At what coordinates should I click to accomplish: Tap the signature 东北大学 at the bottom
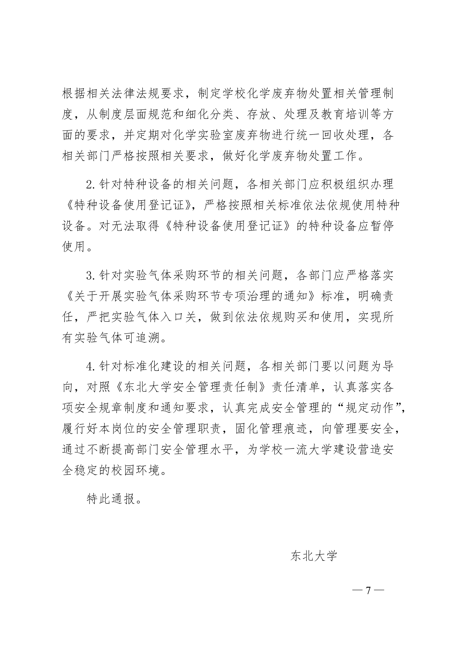click(314, 548)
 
